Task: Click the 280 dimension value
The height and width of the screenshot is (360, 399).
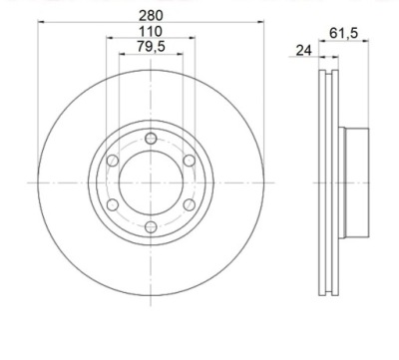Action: pyautogui.click(x=151, y=15)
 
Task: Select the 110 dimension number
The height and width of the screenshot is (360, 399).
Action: pyautogui.click(x=151, y=32)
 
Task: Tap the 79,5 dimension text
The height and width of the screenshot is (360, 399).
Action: pyautogui.click(x=151, y=47)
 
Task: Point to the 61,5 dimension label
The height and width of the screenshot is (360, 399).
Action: pyautogui.click(x=344, y=33)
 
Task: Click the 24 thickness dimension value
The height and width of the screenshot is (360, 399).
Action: pyautogui.click(x=303, y=51)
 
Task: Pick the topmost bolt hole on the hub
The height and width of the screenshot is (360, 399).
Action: pyautogui.click(x=151, y=138)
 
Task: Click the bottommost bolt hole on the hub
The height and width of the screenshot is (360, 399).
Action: pyautogui.click(x=151, y=227)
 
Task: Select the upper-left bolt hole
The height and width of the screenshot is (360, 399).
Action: pyautogui.click(x=113, y=161)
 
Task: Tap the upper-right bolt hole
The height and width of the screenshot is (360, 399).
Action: pyautogui.click(x=190, y=161)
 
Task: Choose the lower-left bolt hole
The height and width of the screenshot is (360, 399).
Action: pyautogui.click(x=113, y=204)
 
